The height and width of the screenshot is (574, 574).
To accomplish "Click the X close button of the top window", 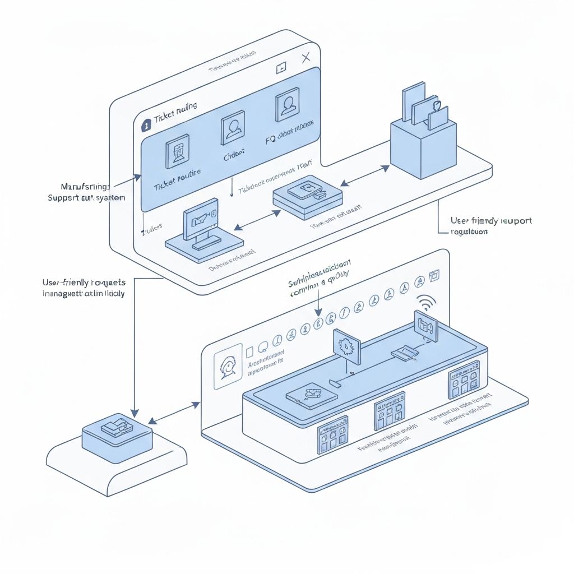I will coord(305,58).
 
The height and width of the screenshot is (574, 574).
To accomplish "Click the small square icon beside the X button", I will coord(281,67).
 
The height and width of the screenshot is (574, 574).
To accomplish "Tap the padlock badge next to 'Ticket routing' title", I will coord(146,126).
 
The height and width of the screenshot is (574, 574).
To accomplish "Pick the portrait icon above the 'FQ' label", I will coord(286,105).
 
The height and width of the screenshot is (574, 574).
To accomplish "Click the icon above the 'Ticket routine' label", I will coord(177,152).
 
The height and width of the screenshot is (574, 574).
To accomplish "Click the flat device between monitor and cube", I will coord(308,197).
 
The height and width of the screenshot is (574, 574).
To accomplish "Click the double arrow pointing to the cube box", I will coord(364,175).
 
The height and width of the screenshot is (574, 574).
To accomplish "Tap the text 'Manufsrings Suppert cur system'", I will coord(86,192).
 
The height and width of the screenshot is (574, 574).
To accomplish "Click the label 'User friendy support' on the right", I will coord(491,225).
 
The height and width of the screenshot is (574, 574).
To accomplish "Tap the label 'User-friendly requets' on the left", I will coord(84,288).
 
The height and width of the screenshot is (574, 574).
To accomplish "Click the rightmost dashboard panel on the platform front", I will coord(464,379).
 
